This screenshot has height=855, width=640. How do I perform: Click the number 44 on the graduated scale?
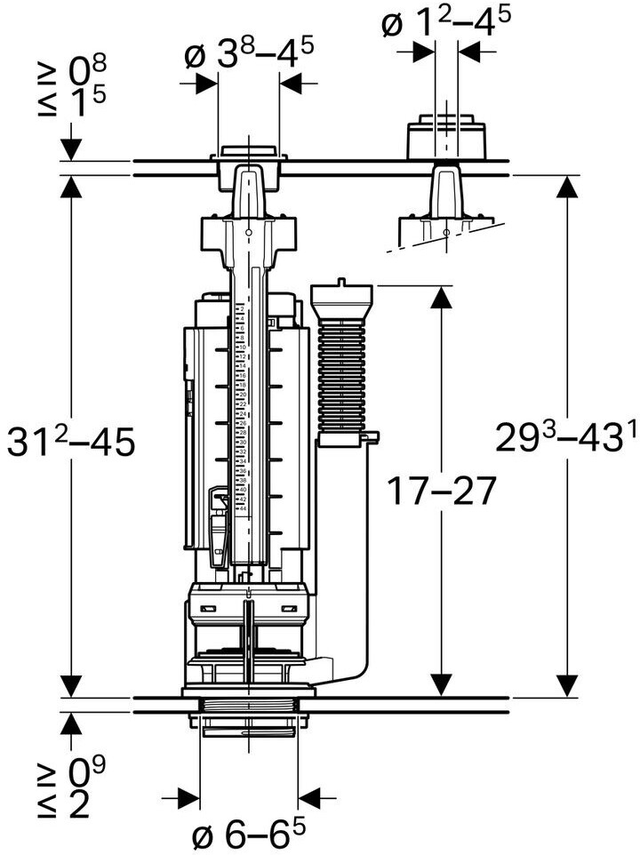click(x=242, y=508)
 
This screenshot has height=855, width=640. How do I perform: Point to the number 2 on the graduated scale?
click(x=241, y=309)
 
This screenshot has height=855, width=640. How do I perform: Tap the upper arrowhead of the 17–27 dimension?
click(x=439, y=298)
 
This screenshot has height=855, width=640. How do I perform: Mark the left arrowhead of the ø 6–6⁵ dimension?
click(x=188, y=794)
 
